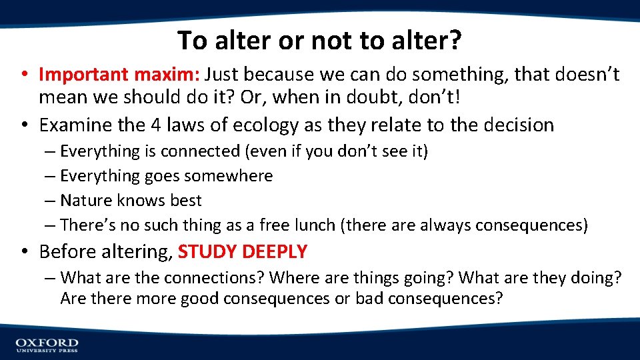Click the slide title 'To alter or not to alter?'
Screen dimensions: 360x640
319,41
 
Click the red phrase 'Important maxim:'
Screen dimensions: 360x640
120,75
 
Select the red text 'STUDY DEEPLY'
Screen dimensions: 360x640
243,252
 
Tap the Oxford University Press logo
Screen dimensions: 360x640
47,345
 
